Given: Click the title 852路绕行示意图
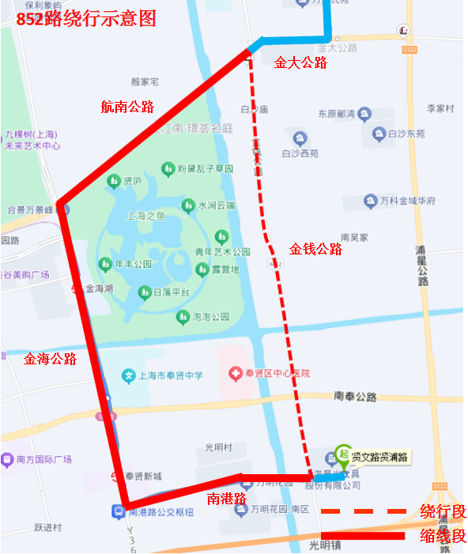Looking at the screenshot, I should tap(85, 18).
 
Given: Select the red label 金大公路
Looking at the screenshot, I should tap(300, 63).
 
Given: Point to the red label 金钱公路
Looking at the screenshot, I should tap(315, 249).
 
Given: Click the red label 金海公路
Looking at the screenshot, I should tap(51, 358).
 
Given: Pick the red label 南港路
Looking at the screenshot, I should tap(227, 499).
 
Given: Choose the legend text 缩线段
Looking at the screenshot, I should tap(443, 536).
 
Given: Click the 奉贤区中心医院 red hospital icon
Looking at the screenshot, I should tap(234, 372).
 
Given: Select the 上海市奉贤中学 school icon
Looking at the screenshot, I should tap(129, 374).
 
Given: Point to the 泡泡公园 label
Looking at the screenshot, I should tap(210, 317).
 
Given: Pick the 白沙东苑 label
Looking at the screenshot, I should tap(407, 134).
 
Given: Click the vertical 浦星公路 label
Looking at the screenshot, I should tap(422, 266).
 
